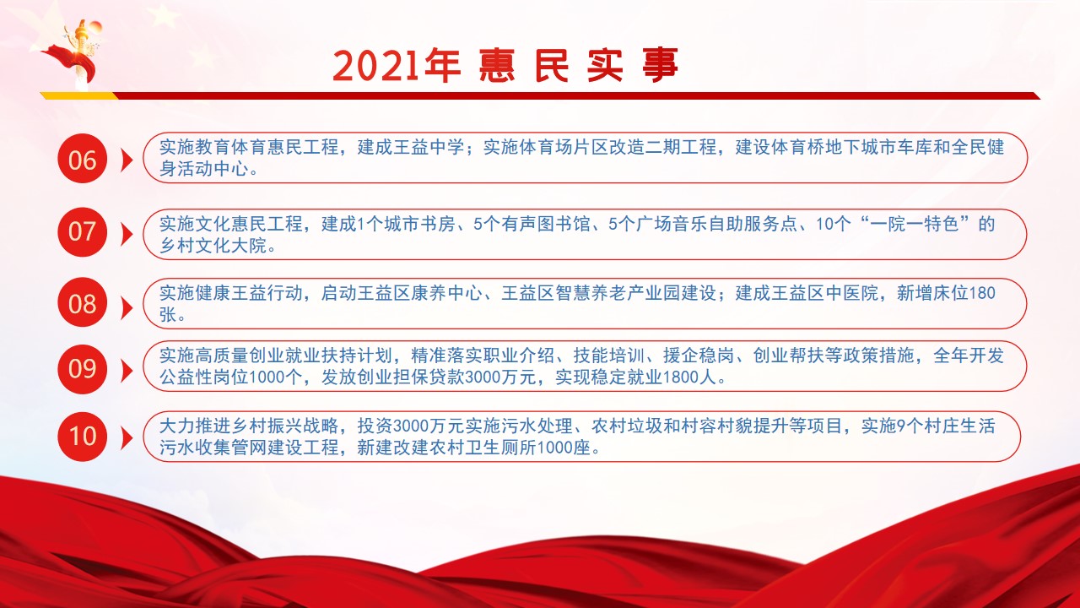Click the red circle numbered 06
click(x=82, y=158)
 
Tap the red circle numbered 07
click(x=82, y=231)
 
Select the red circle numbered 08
click(x=82, y=302)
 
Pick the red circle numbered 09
click(x=82, y=369)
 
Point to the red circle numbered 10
click(x=82, y=437)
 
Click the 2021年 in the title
click(x=397, y=65)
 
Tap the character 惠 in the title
click(x=497, y=65)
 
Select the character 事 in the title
click(x=661, y=65)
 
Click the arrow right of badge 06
click(x=127, y=160)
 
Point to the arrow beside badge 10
click(x=127, y=438)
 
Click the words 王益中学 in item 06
click(x=429, y=147)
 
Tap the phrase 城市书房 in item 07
click(x=419, y=224)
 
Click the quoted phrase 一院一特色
click(x=914, y=224)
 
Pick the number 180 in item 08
click(x=981, y=293)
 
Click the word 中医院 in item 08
click(x=851, y=293)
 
